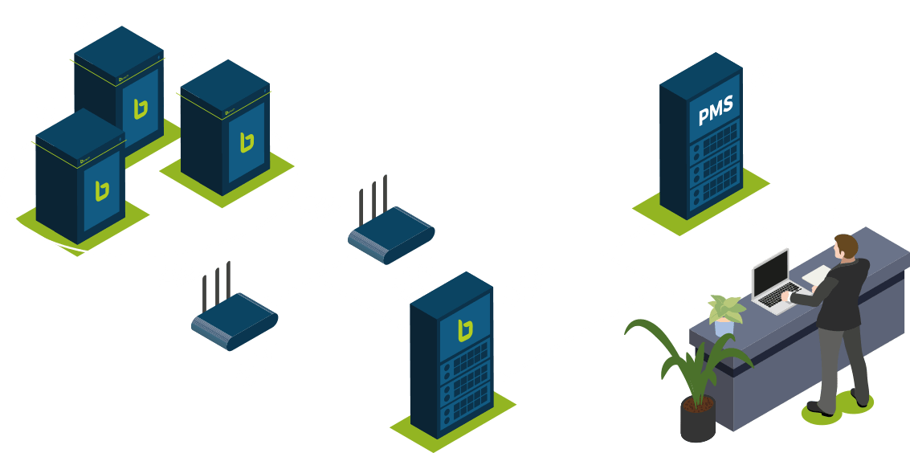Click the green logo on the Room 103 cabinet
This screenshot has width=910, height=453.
(101, 190)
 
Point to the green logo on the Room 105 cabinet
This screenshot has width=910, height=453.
(247, 141)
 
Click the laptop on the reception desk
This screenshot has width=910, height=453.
(774, 281)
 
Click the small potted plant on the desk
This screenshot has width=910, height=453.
(726, 313)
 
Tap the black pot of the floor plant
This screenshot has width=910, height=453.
(697, 418)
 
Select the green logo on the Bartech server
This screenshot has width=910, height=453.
(463, 330)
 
